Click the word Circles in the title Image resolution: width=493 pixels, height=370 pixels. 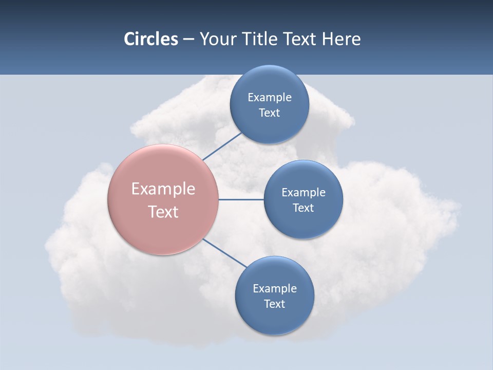coord(151,39)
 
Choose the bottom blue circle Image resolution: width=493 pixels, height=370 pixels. coord(275,319)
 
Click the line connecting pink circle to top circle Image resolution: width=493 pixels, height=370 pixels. coord(222,146)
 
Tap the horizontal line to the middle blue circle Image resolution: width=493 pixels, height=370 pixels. coord(241,199)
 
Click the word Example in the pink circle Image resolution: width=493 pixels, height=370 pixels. coord(163,189)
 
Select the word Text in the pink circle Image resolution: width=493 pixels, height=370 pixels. coord(163,212)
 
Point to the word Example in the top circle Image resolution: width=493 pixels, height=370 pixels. coord(270,97)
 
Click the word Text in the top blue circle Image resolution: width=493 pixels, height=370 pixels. coord(270,113)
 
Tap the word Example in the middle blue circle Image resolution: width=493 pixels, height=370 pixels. coord(304,192)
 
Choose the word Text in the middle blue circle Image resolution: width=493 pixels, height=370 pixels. coord(304,208)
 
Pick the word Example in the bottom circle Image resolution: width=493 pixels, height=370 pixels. coord(275,288)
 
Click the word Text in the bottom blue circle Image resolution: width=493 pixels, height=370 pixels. coord(275,304)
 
